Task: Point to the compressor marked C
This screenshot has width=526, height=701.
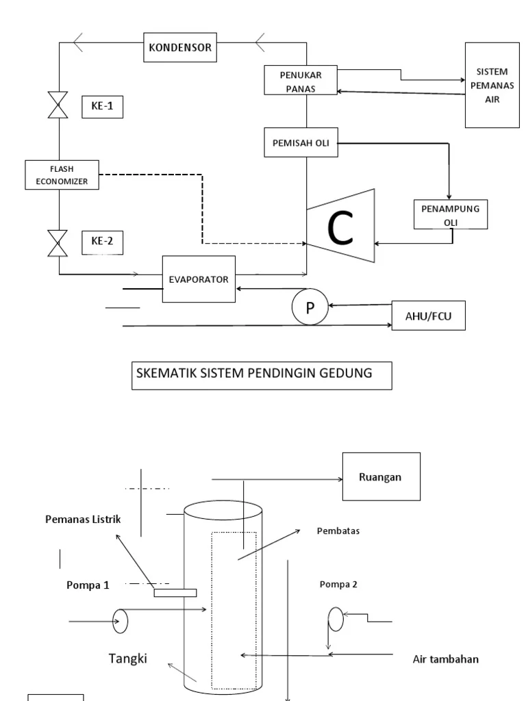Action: point(341,227)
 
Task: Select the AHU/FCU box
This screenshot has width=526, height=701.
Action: point(428,316)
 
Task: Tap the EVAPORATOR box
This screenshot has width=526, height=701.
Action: point(199,279)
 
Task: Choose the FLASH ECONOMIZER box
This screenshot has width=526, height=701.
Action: point(62,174)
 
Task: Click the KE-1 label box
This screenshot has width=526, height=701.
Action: point(102,107)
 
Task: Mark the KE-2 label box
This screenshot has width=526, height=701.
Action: point(102,241)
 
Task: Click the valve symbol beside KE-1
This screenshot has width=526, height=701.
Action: point(59,107)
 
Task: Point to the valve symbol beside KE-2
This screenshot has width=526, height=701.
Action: point(59,243)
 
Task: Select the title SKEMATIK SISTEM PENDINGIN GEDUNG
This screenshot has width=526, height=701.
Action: point(261,376)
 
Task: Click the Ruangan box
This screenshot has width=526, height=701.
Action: point(380,477)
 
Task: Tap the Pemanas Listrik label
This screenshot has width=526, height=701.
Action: point(79,520)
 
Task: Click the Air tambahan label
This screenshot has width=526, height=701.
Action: point(445,660)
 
